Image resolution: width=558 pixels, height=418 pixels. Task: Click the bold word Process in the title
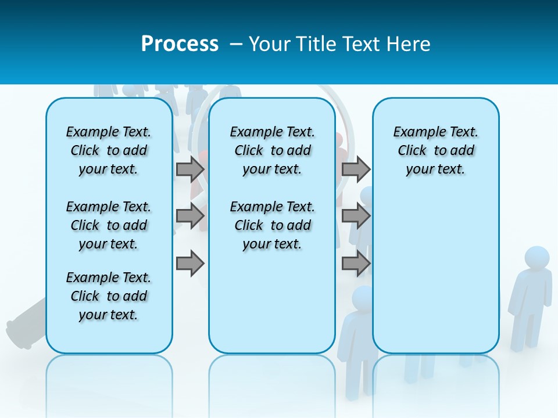pos(180,44)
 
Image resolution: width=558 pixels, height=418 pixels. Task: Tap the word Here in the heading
pos(409,44)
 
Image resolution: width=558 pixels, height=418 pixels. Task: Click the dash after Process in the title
pos(236,44)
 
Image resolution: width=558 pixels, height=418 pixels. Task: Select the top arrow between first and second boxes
pos(190,169)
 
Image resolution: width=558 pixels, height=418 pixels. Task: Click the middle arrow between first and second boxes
pos(190,216)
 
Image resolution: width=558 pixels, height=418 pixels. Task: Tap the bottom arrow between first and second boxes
pos(190,264)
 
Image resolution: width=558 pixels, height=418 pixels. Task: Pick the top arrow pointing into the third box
pos(356,169)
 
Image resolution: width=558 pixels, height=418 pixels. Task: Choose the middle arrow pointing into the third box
pos(356,216)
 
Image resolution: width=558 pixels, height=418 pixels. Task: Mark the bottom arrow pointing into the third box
pos(356,264)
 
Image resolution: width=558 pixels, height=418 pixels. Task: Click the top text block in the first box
pos(109,150)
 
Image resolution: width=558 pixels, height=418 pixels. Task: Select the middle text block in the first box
pos(109,225)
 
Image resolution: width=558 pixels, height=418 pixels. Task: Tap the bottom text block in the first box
pos(109,296)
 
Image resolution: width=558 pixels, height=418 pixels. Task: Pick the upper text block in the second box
pos(273,150)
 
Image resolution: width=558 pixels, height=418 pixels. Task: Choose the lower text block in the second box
pos(273,225)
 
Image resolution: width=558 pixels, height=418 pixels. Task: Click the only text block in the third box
pos(436,150)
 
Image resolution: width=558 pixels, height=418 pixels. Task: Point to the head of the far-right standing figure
pos(536,258)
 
